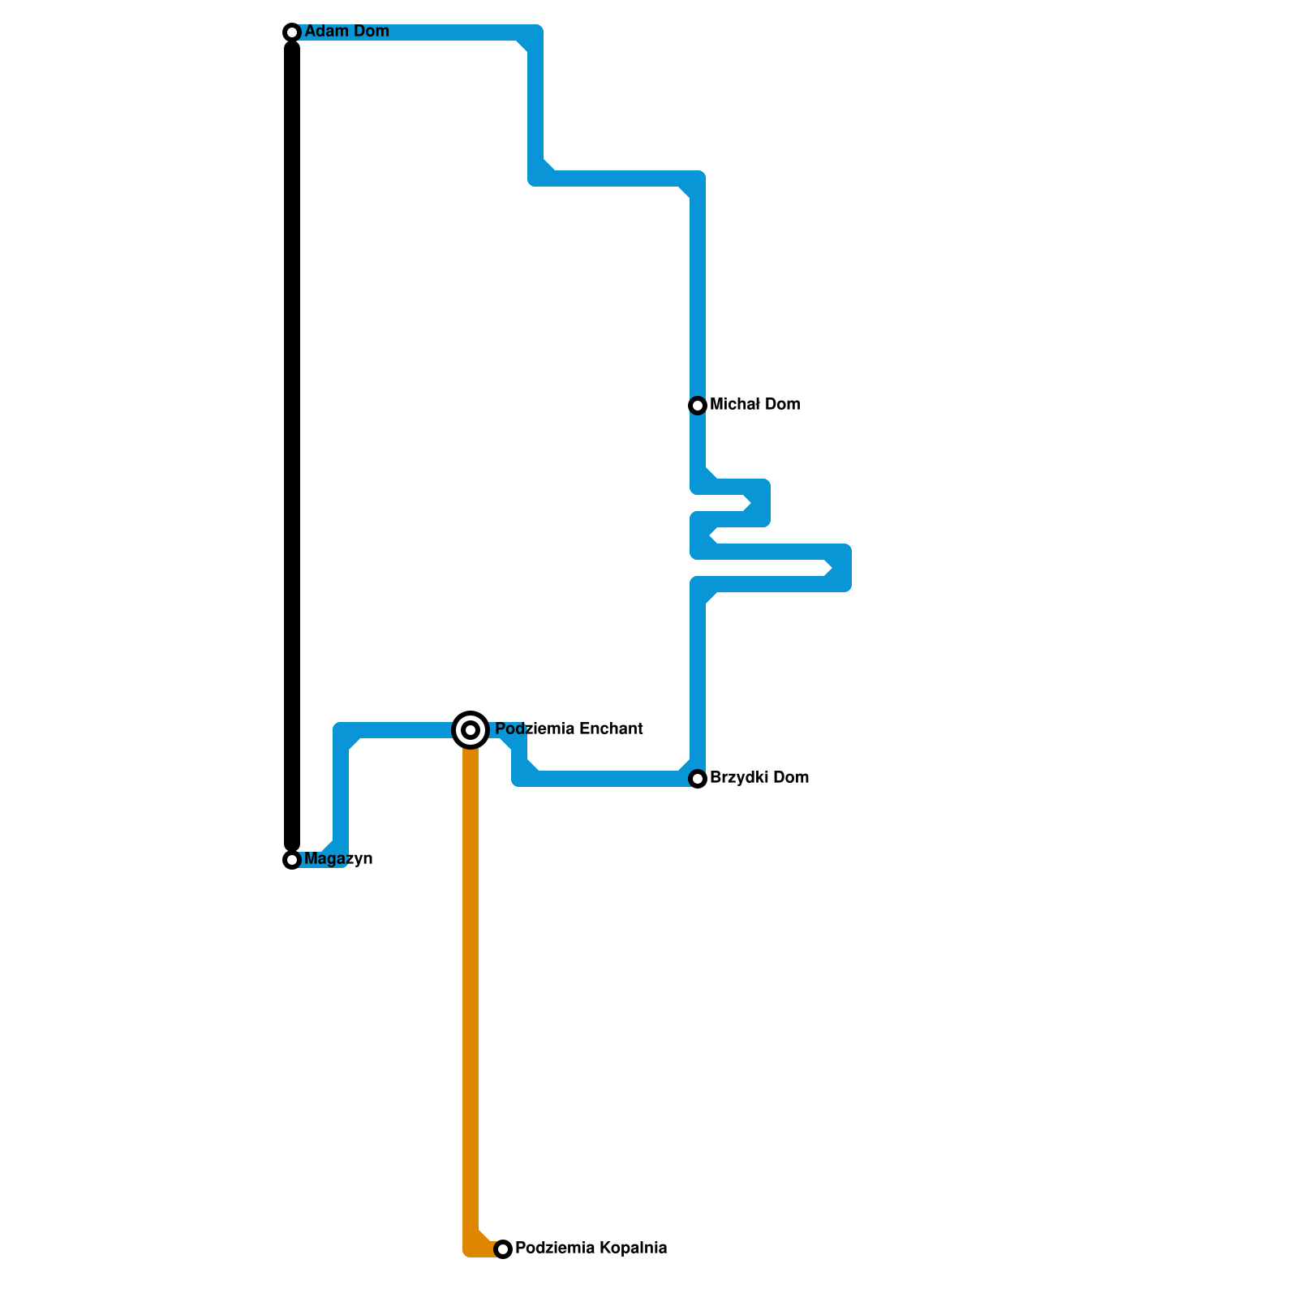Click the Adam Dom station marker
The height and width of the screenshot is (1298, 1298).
292,32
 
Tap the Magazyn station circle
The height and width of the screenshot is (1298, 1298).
292,860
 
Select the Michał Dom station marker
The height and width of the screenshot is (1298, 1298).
698,406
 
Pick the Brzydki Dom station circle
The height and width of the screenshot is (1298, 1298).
698,779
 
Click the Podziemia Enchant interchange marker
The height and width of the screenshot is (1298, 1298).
471,730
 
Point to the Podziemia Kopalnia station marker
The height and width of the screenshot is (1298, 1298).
503,1249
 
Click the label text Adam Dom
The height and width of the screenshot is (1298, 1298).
346,32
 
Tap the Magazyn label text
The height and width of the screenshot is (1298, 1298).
338,859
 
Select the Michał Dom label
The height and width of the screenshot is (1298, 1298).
754,405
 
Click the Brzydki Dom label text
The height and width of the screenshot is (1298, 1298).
759,778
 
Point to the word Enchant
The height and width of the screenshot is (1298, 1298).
611,729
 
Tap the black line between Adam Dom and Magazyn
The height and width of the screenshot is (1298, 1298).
292,446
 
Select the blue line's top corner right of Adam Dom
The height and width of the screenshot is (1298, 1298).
535,33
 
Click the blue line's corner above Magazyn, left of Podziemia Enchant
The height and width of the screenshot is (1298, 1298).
342,731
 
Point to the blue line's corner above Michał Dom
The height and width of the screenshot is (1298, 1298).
697,179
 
